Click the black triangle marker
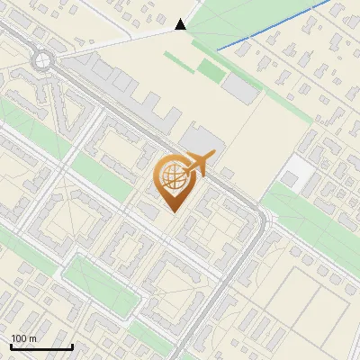point(181,25)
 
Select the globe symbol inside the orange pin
point(171,176)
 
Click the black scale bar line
point(41,346)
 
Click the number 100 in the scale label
point(19,338)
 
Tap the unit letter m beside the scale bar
point(32,338)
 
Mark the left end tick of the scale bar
point(11,346)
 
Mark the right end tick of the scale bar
point(72,346)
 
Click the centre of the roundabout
point(42,61)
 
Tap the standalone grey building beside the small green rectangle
point(239,87)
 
